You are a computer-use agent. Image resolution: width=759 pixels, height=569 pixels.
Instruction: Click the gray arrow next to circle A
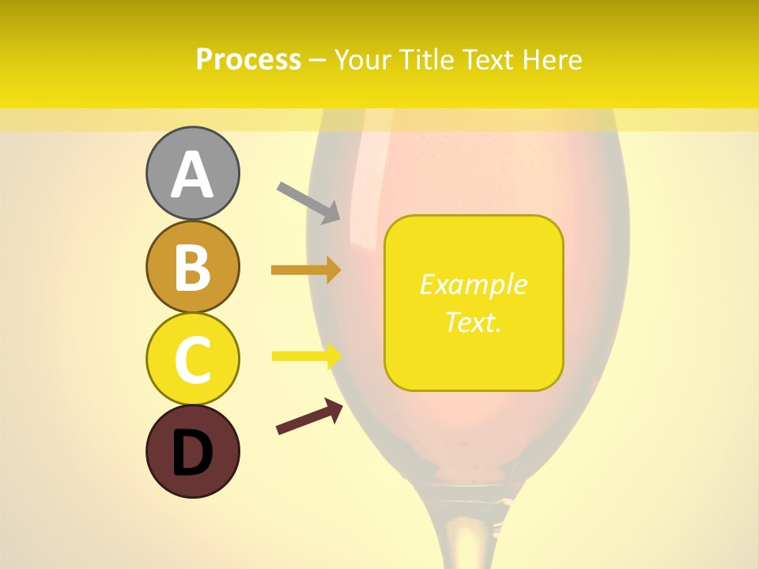(308, 202)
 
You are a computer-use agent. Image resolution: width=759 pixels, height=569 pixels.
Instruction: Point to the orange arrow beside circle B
(306, 270)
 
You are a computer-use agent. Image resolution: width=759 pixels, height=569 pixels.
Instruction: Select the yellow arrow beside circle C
(306, 356)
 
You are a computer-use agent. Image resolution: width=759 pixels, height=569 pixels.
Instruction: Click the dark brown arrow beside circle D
(309, 416)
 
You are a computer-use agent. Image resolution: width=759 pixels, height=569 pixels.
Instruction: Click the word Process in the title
(248, 60)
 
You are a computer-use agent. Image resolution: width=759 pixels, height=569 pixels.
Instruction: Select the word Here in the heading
(553, 60)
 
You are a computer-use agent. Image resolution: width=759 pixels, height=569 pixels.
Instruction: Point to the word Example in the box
(473, 284)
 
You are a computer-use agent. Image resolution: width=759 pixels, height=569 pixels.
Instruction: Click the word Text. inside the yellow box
(473, 322)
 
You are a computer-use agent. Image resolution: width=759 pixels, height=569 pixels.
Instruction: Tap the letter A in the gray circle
(192, 175)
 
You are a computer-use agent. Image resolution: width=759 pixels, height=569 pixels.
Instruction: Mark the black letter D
(192, 454)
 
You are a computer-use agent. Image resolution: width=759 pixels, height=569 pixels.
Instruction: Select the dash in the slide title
(318, 61)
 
